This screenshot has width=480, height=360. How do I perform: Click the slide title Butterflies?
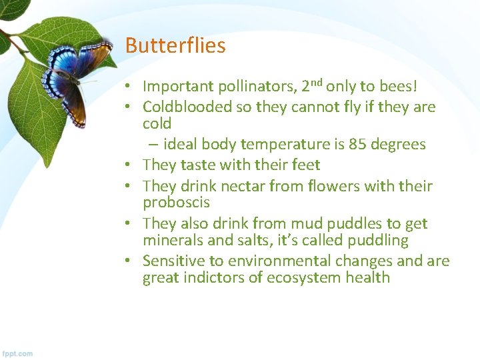175,46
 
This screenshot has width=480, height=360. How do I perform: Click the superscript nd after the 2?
317,83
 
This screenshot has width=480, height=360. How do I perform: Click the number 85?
357,145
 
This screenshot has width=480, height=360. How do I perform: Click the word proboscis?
176,203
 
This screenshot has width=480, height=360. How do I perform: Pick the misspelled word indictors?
212,277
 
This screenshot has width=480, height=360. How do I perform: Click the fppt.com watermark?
17,353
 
